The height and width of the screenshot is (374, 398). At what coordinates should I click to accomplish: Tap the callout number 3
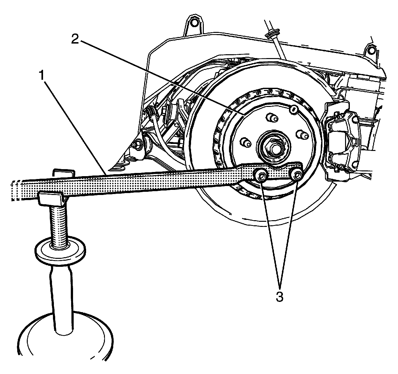click(279, 296)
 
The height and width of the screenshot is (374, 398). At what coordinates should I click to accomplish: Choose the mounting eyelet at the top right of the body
click(370, 50)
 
